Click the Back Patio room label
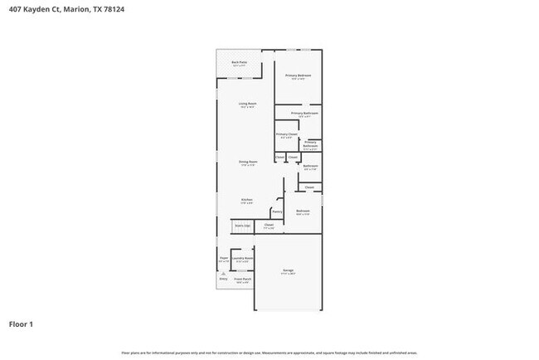coord(240,63)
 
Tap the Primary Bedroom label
coord(298,77)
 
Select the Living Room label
coord(248,105)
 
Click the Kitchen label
coord(246,201)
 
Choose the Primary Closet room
coord(286,135)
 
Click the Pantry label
coord(277,212)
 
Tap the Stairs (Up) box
coord(243,226)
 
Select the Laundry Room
coord(243,260)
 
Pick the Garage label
coord(289,271)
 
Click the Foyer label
coord(223,260)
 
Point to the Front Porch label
coord(242,281)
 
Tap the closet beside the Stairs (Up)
coord(269,226)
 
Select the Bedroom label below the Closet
coord(303,212)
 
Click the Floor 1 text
coord(21,324)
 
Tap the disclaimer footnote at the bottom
coord(269,353)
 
